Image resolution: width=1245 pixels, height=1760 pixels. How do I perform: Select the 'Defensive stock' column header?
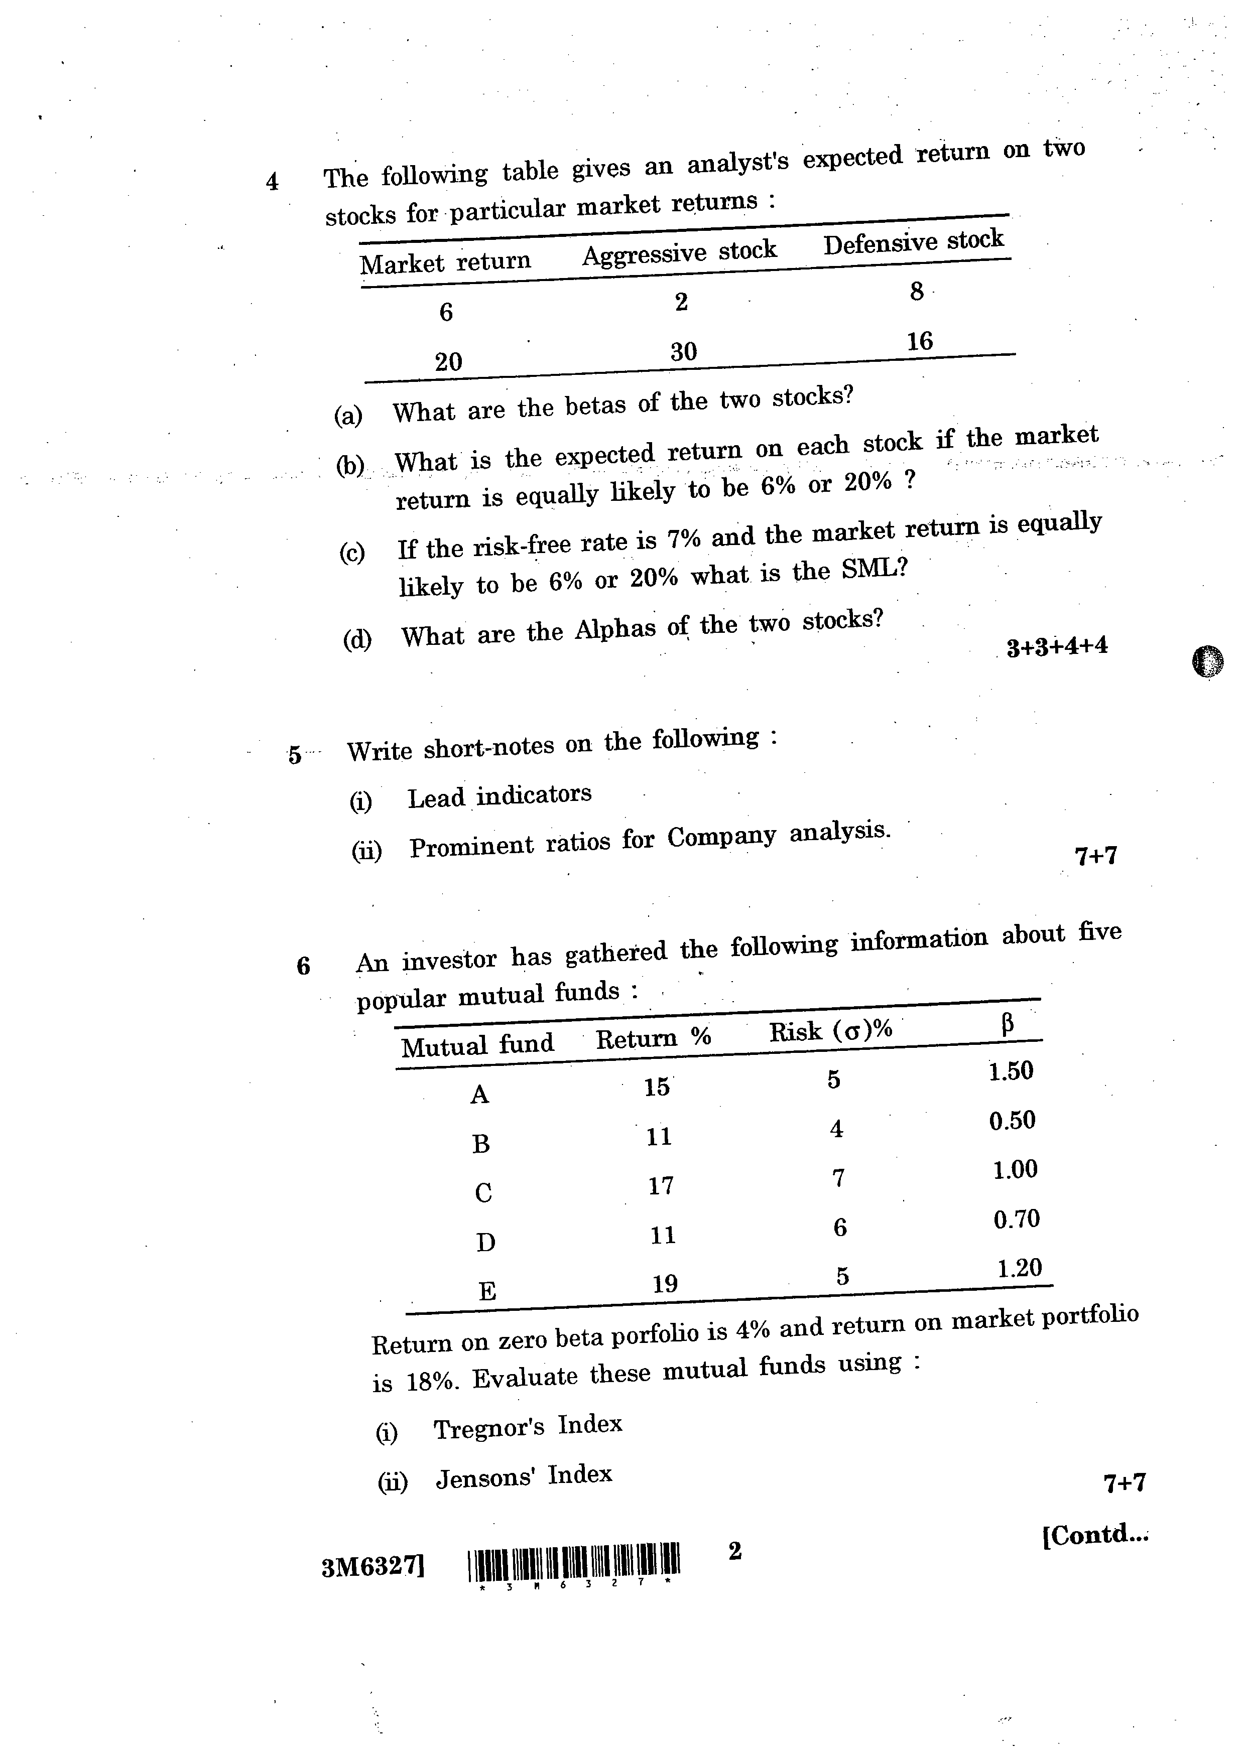913,241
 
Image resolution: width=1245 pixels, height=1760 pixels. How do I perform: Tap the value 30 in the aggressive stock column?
683,352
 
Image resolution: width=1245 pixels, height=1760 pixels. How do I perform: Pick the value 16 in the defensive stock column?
919,341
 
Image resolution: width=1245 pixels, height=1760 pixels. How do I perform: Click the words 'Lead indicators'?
499,796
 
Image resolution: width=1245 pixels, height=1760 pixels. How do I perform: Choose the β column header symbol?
1008,1023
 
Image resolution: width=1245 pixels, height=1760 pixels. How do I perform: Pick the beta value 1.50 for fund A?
1011,1071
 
